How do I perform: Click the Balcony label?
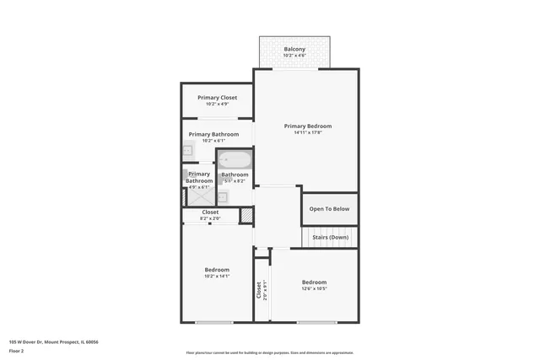pyautogui.click(x=294, y=49)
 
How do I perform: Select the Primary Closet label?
pyautogui.click(x=218, y=98)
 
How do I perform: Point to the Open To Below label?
pyautogui.click(x=329, y=209)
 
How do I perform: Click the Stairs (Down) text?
pyautogui.click(x=330, y=238)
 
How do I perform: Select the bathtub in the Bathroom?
pyautogui.click(x=235, y=159)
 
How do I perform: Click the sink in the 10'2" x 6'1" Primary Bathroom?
pyautogui.click(x=188, y=151)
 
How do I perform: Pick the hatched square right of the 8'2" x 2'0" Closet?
pyautogui.click(x=246, y=216)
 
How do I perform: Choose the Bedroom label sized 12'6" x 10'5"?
pyautogui.click(x=314, y=282)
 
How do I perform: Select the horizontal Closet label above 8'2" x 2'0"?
pyautogui.click(x=210, y=212)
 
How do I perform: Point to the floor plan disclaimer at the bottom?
pyautogui.click(x=269, y=352)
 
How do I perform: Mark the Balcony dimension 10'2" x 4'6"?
pyautogui.click(x=294, y=56)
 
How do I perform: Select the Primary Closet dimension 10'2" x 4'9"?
pyautogui.click(x=218, y=105)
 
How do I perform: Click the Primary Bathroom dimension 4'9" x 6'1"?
pyautogui.click(x=199, y=187)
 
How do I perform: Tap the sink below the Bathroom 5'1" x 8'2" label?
pyautogui.click(x=223, y=197)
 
